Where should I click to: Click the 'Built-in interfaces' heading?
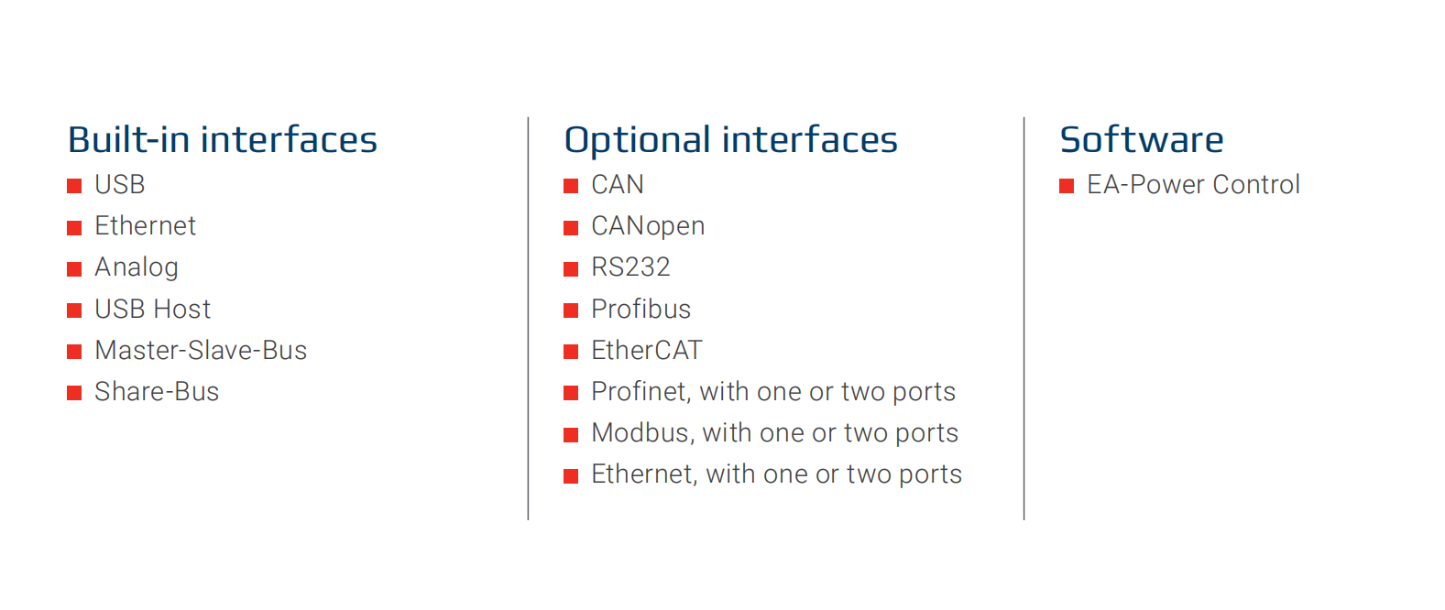click(x=223, y=139)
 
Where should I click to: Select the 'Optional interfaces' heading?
click(x=731, y=140)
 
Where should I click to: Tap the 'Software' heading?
click(x=1141, y=139)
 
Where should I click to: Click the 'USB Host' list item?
click(x=152, y=309)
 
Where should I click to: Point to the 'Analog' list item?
click(x=137, y=267)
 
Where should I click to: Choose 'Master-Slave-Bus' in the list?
click(x=201, y=350)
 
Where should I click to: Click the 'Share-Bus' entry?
click(x=157, y=391)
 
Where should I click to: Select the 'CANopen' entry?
click(x=648, y=226)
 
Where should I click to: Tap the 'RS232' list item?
click(x=631, y=267)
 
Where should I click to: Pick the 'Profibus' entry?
click(x=640, y=309)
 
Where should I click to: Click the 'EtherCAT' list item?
click(x=646, y=350)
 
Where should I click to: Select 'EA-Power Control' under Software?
click(x=1193, y=184)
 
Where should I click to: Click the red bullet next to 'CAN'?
click(x=571, y=186)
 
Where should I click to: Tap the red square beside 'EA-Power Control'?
click(x=1067, y=186)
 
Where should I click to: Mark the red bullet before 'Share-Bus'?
click(x=74, y=393)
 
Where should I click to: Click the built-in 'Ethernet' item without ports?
click(x=145, y=225)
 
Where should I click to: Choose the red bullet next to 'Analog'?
click(x=74, y=269)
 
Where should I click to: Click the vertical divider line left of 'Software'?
click(x=1024, y=319)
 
